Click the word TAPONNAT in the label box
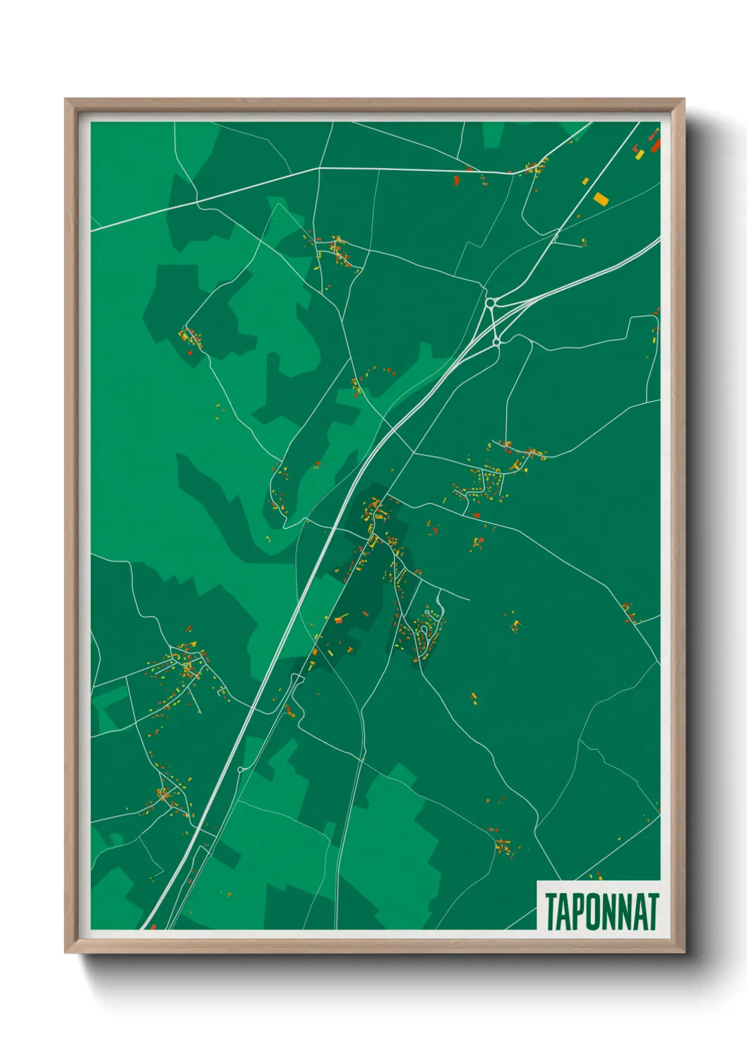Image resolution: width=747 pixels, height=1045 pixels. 602,912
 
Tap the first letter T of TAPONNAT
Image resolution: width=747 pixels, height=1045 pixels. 551,912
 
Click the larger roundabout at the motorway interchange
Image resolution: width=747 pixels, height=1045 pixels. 491,304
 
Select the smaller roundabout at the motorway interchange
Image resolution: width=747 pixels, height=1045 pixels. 496,342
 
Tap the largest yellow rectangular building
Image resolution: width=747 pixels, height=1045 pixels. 600,198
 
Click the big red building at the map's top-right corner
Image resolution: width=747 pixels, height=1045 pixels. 655,145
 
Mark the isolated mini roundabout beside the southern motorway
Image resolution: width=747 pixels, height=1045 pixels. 241,769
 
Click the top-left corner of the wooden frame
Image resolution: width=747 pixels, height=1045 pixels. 66,100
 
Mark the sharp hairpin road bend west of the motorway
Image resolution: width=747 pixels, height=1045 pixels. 285,525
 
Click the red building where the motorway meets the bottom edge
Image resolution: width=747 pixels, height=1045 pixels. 153,926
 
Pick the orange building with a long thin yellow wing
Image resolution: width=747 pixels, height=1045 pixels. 340,620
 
